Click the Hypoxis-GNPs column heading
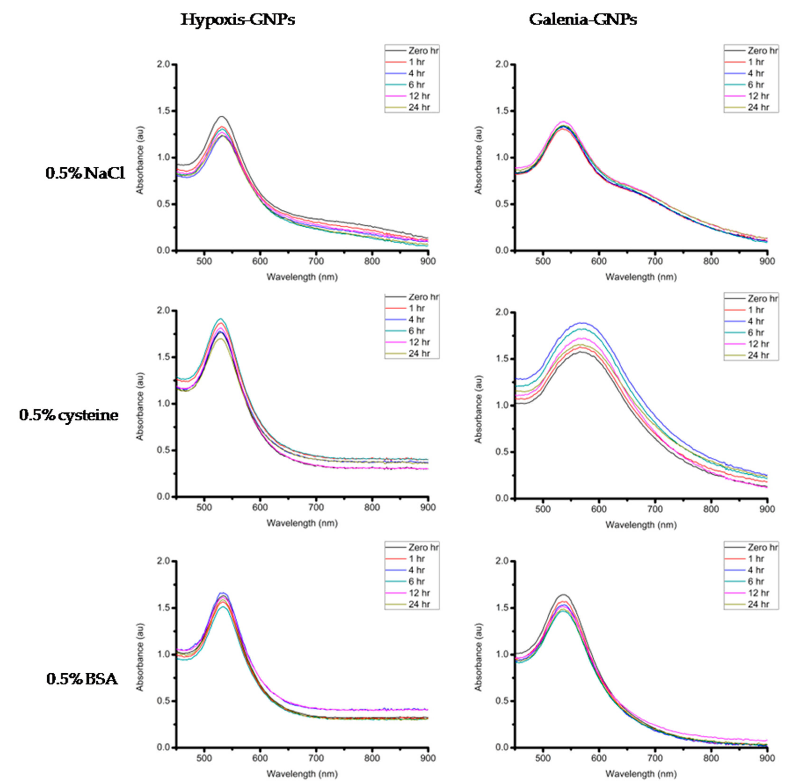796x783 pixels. point(238,19)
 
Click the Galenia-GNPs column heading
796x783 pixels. point(583,19)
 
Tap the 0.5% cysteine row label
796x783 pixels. point(69,415)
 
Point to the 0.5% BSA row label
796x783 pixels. point(82,679)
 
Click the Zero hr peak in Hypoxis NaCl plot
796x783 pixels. point(222,117)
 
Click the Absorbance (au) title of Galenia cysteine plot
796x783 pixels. point(478,409)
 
